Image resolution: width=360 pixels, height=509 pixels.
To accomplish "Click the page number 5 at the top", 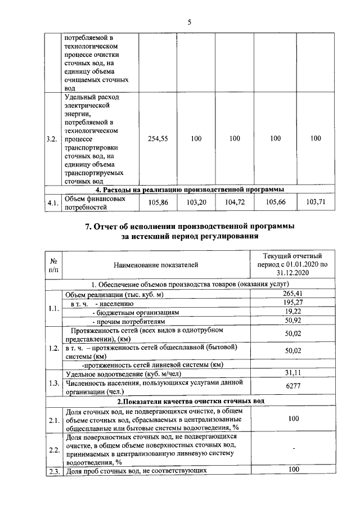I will [x=189, y=22].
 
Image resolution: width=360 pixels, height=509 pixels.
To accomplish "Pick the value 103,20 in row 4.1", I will [x=196, y=202].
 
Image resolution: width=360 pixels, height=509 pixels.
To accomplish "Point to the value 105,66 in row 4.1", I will [x=272, y=202].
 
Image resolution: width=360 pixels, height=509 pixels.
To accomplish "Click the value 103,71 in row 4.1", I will [x=316, y=202].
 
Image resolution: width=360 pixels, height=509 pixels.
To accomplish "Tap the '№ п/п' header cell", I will [x=55, y=264].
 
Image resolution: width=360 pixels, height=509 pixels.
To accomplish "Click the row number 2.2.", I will [x=54, y=450].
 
